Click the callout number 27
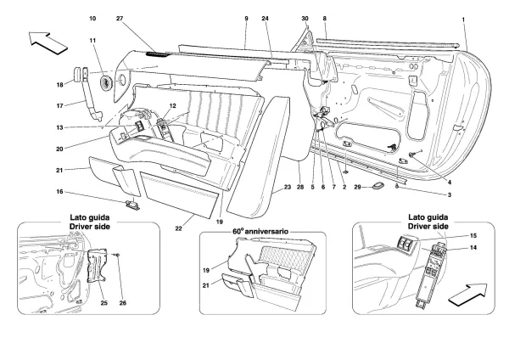(120, 19)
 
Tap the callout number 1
(463, 20)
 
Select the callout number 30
(305, 19)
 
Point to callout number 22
(178, 228)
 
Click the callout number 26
(122, 303)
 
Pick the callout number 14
(473, 248)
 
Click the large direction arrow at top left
(48, 42)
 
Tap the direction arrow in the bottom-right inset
(467, 295)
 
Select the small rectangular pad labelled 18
(76, 75)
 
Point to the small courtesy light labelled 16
(132, 205)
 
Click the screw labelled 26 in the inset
(118, 255)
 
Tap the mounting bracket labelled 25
(98, 266)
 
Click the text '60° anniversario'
(260, 231)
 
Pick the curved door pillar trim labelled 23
(260, 156)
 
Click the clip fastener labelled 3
(397, 186)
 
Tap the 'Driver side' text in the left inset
(90, 227)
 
